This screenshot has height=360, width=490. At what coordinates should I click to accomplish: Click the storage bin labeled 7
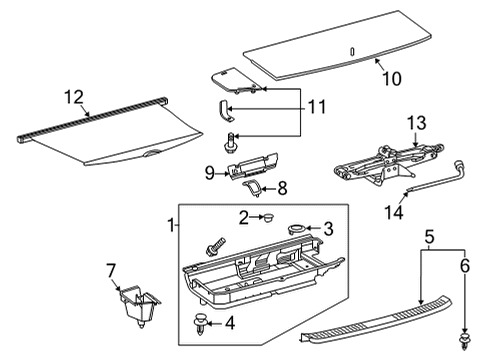pyautogui.click(x=137, y=303)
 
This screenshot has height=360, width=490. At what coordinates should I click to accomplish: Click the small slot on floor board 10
pyautogui.click(x=352, y=52)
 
